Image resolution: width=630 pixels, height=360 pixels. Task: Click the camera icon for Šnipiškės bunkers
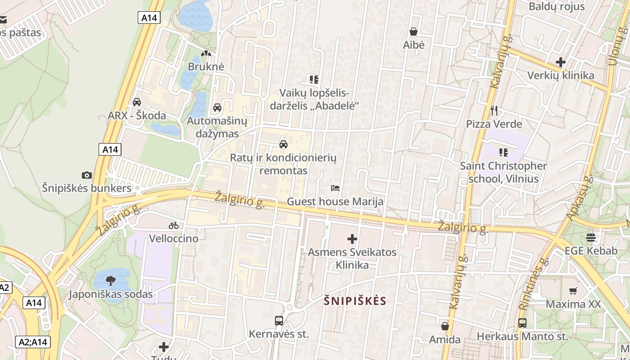pyautogui.click(x=87, y=175)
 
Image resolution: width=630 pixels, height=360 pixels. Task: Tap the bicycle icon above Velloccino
pyautogui.click(x=174, y=225)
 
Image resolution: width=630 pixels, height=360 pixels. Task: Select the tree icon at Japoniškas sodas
pyautogui.click(x=110, y=281)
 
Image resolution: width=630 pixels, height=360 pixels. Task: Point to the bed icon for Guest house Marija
pyautogui.click(x=335, y=188)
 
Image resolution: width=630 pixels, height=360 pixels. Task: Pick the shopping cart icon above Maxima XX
pyautogui.click(x=573, y=291)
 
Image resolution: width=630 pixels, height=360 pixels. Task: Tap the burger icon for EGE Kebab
pyautogui.click(x=591, y=237)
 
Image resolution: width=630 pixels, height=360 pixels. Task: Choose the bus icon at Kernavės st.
pyautogui.click(x=279, y=321)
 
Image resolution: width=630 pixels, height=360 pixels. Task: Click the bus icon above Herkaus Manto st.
pyautogui.click(x=522, y=323)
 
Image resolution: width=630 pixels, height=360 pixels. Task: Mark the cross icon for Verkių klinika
pyautogui.click(x=561, y=62)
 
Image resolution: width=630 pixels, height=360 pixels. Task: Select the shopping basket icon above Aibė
pyautogui.click(x=414, y=31)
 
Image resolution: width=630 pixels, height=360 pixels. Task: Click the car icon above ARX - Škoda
pyautogui.click(x=137, y=102)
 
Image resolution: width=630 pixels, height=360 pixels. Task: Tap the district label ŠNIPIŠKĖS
pyautogui.click(x=355, y=301)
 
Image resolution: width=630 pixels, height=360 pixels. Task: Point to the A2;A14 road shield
pyautogui.click(x=33, y=342)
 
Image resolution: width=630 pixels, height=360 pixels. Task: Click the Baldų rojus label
pyautogui.click(x=557, y=6)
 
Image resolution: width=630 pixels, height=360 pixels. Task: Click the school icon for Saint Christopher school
pyautogui.click(x=503, y=153)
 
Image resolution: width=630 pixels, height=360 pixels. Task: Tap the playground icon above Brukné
pyautogui.click(x=206, y=54)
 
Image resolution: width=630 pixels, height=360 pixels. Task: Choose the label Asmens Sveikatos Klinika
pyautogui.click(x=352, y=258)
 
